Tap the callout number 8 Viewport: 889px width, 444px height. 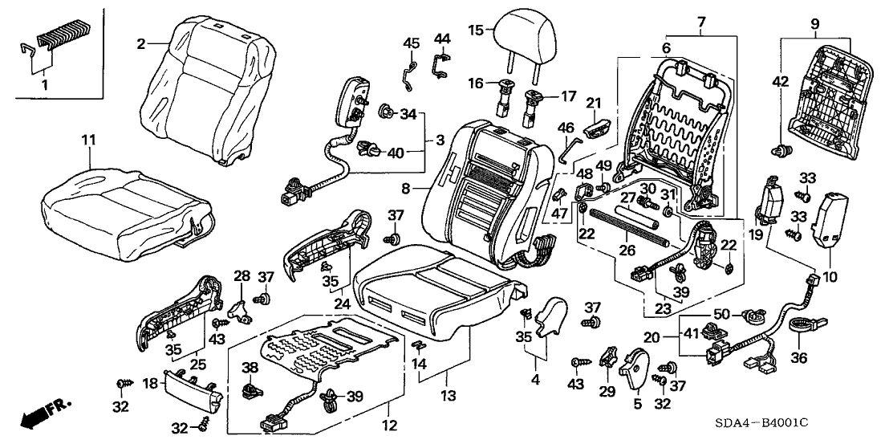click(x=407, y=188)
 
